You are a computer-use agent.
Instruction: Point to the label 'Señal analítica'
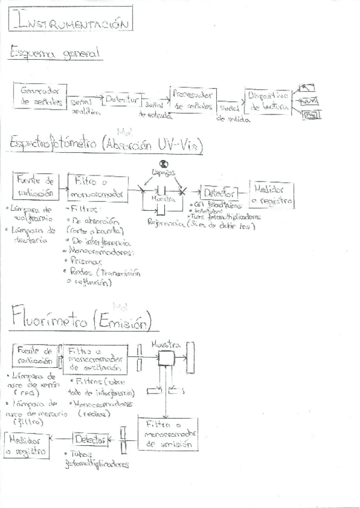pos(80,107)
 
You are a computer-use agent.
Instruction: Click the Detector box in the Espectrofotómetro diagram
pos(220,193)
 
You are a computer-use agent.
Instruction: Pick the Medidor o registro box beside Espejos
pos(271,193)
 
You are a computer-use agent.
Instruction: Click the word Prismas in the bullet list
pos(87,261)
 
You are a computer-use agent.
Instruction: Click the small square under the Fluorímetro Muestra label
pos(166,359)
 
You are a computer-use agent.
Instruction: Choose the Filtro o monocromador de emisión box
pos(168,433)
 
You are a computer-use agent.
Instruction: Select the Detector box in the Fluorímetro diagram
pos(90,439)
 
